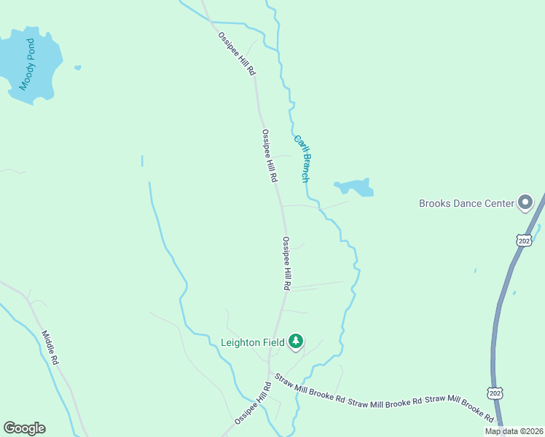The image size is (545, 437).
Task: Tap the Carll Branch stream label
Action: point(302,158)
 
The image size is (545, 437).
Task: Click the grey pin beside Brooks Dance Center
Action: point(525,202)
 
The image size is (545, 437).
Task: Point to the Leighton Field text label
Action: point(252,342)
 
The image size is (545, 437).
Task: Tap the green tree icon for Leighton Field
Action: point(296,341)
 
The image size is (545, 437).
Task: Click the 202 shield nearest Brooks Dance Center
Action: point(522,240)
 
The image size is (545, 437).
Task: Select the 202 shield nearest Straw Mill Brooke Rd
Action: point(495,393)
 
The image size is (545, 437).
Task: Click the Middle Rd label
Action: point(50,348)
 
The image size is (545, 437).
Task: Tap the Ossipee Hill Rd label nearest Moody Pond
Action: point(237,54)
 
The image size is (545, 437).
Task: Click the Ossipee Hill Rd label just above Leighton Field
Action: point(287,264)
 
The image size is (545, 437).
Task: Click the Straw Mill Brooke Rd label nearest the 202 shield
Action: point(460,408)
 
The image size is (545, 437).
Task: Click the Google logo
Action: point(24,428)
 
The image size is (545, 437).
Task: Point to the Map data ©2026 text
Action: point(514,431)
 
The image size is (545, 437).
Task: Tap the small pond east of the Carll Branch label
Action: point(355,187)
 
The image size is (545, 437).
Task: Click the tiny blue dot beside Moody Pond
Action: point(77,68)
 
